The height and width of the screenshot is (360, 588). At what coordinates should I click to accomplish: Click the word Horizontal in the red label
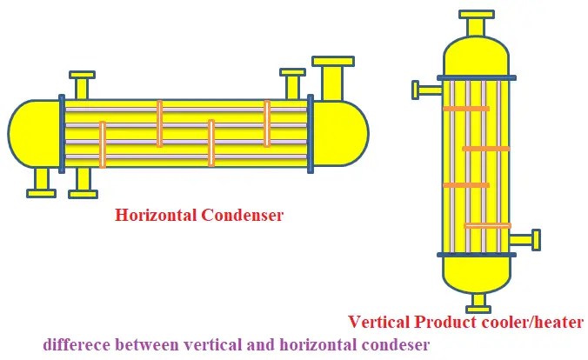tap(155, 215)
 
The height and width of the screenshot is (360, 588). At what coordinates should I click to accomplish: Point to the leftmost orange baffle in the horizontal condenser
tap(103, 143)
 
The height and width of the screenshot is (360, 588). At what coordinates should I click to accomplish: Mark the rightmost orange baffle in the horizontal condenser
tap(267, 123)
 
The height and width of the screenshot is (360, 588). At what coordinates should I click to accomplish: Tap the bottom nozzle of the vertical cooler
tap(476, 302)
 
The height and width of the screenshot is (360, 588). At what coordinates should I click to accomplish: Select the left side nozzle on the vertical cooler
tap(426, 89)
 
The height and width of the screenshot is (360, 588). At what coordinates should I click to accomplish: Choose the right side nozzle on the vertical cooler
tap(525, 239)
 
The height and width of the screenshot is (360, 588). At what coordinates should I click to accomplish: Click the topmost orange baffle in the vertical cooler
tap(466, 108)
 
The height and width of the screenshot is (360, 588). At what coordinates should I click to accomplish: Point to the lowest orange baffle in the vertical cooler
tap(487, 226)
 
